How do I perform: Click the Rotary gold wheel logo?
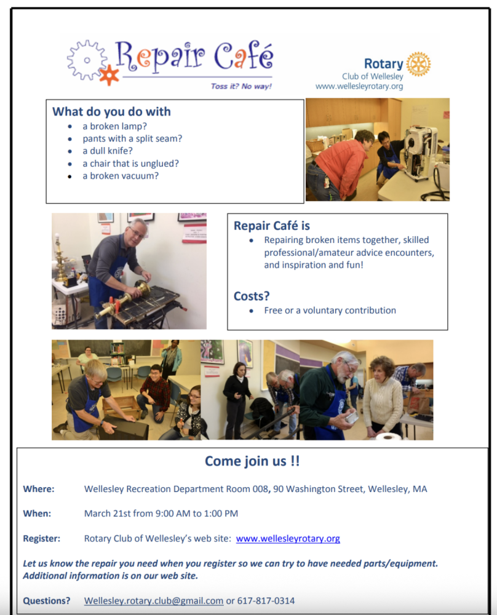point(418,64)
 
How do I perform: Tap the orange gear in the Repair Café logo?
point(109,74)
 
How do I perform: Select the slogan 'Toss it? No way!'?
point(241,86)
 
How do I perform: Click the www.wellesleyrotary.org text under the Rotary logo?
point(359,87)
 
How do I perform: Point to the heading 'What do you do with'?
point(111,111)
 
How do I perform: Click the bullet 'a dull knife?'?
point(108,151)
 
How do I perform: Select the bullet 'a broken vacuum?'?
point(121,176)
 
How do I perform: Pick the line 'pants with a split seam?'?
point(132,138)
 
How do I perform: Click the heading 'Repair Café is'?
point(271,226)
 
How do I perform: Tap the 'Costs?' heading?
point(252,296)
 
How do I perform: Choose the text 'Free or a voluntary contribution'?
point(330,311)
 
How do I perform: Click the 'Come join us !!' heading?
point(252,461)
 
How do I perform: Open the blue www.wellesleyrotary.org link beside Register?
point(288,539)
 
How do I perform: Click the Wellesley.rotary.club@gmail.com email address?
point(154,601)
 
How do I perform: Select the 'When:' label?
point(37,514)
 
